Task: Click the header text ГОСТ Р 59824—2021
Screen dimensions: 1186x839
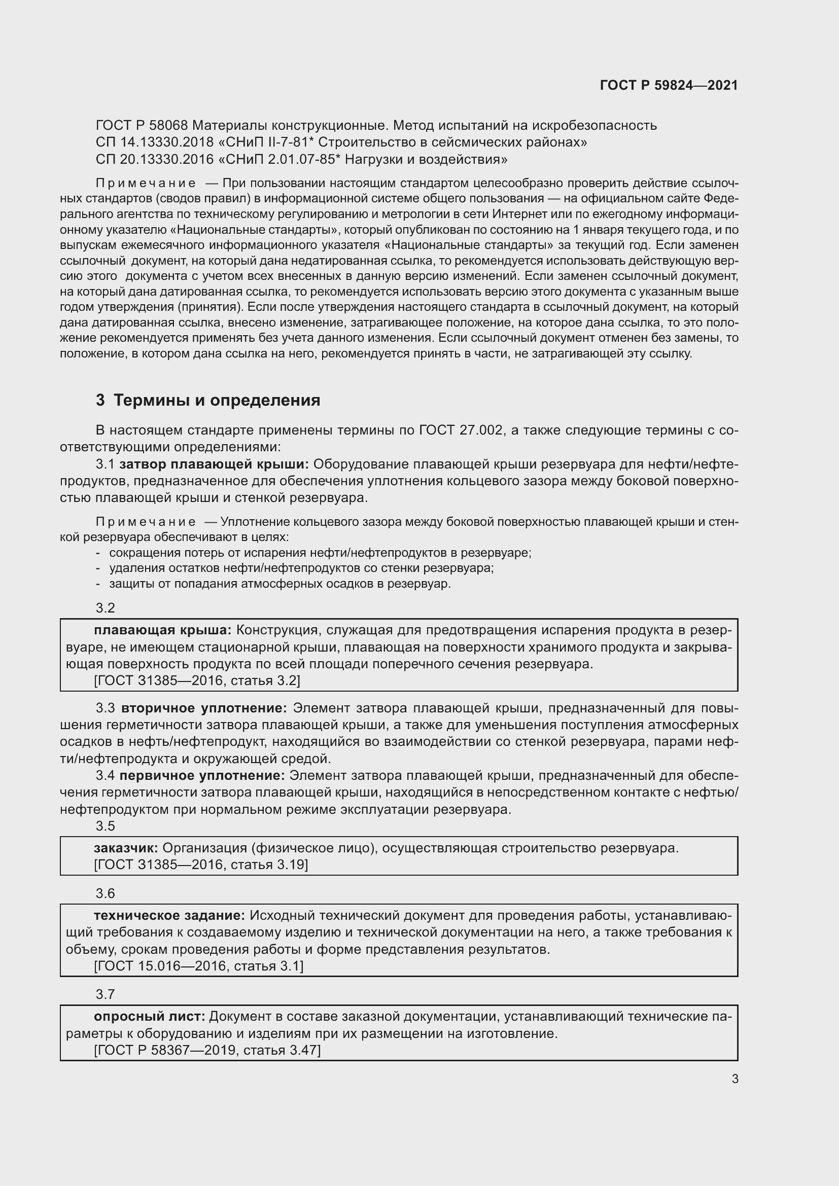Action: [x=669, y=85]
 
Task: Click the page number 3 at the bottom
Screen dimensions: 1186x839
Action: [x=735, y=1079]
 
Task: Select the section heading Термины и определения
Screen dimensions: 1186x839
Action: [x=217, y=401]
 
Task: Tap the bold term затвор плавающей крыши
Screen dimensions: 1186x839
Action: [x=214, y=464]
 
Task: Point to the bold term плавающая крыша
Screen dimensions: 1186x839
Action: [x=163, y=630]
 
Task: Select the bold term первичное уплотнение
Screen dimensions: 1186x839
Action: [x=202, y=775]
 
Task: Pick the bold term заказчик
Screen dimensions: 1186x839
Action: [x=126, y=848]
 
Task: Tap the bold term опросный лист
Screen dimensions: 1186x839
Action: [x=149, y=1017]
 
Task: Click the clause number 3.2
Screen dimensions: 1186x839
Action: [x=106, y=608]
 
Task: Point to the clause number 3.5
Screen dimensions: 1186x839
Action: [x=106, y=826]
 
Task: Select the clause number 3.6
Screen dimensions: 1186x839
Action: [x=106, y=893]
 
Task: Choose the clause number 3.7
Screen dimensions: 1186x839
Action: [x=106, y=994]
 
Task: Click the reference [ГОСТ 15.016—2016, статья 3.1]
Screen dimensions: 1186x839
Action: [x=198, y=966]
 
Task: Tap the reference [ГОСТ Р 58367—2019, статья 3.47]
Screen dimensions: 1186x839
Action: [x=207, y=1050]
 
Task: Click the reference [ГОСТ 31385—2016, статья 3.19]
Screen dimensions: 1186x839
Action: [x=201, y=865]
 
